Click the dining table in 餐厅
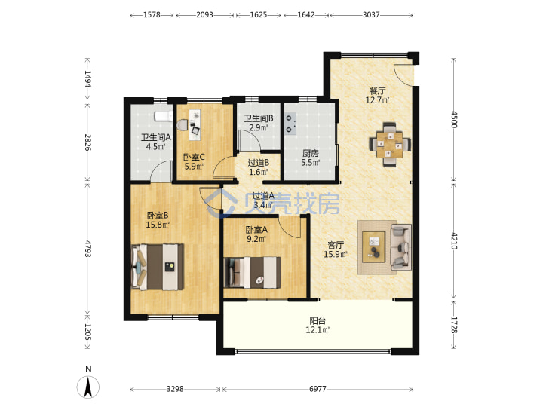pyautogui.click(x=390, y=144)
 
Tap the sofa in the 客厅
pyautogui.click(x=401, y=247)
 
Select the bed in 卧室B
pyautogui.click(x=158, y=267)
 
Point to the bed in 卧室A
pyautogui.click(x=252, y=272)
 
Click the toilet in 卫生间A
pyautogui.click(x=183, y=125)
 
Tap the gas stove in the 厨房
pyautogui.click(x=290, y=124)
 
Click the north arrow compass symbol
pyautogui.click(x=88, y=386)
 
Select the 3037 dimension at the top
pyautogui.click(x=371, y=15)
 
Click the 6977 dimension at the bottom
pyautogui.click(x=318, y=389)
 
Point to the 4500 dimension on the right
pyautogui.click(x=454, y=119)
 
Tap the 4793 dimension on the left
pyautogui.click(x=87, y=249)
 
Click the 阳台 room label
pyautogui.click(x=318, y=321)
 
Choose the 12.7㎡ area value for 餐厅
pyautogui.click(x=378, y=100)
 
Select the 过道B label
pyautogui.click(x=259, y=162)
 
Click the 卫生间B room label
pyautogui.click(x=259, y=118)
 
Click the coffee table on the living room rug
pyautogui.click(x=373, y=247)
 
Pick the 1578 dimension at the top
pyautogui.click(x=152, y=15)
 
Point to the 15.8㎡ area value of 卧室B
pyautogui.click(x=158, y=225)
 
